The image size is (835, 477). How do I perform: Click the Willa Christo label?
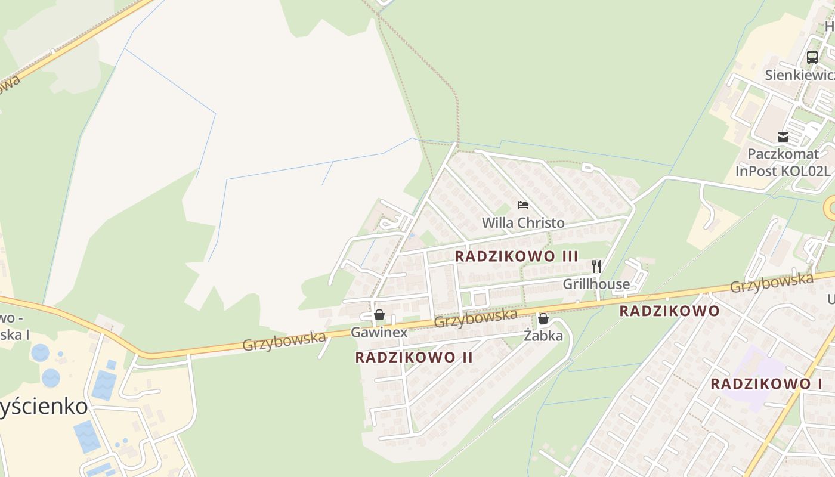[x=523, y=223]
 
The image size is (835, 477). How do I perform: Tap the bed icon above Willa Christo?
[x=523, y=205]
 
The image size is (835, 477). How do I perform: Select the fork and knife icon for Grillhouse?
[x=596, y=266]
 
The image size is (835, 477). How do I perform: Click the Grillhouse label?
[x=596, y=284]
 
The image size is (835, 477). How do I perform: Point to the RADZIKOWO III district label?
[x=517, y=256]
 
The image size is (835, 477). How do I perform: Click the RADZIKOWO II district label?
[x=414, y=357]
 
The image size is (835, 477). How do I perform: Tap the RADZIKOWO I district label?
[x=766, y=384]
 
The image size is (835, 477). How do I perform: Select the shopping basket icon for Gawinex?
[x=379, y=315]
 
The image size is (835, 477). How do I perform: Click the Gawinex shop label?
[x=379, y=332]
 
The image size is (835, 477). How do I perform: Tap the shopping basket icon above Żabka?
[x=543, y=318]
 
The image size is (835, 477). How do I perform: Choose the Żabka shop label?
[x=543, y=336]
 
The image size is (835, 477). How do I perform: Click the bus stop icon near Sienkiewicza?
[x=812, y=57]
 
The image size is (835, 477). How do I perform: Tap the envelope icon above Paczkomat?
[x=783, y=137]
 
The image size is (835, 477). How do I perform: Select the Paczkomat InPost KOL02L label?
[x=783, y=162]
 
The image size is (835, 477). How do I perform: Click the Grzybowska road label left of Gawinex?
[x=284, y=341]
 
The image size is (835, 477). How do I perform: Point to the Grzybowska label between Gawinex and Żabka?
[x=475, y=317]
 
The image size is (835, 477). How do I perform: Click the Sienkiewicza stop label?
[x=800, y=75]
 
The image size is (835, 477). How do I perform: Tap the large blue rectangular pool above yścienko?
[x=104, y=385]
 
